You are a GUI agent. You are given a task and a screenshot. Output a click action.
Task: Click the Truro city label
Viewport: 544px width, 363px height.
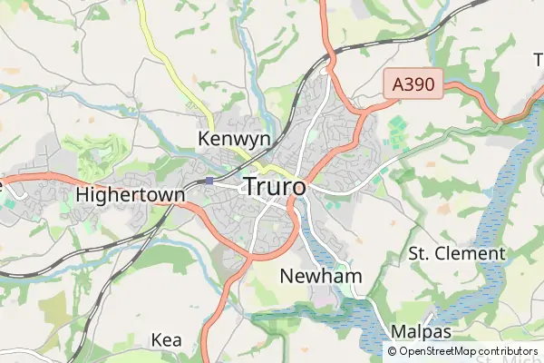click(x=275, y=186)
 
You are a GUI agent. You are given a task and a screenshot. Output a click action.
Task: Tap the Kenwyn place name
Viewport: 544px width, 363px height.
click(x=234, y=139)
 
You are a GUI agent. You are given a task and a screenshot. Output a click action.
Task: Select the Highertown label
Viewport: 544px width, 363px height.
click(x=131, y=194)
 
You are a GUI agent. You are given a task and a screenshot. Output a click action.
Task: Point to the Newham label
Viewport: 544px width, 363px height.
click(x=321, y=276)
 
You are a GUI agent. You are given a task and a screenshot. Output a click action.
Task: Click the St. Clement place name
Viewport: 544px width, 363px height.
click(x=456, y=253)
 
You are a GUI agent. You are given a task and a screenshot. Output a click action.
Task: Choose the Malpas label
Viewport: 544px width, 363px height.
click(x=422, y=331)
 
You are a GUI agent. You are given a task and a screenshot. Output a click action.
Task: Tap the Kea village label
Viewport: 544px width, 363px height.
click(x=167, y=340)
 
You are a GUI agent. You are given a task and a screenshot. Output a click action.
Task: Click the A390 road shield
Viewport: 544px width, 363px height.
click(x=413, y=86)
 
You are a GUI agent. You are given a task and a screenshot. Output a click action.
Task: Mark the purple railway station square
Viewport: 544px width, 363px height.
click(x=209, y=181)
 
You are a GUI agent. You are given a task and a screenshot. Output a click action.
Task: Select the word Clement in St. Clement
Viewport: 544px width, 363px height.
click(x=471, y=253)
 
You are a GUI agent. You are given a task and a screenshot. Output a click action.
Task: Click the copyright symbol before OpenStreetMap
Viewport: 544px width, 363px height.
click(x=393, y=351)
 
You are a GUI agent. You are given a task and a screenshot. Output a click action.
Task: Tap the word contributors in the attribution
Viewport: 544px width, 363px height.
click(x=509, y=351)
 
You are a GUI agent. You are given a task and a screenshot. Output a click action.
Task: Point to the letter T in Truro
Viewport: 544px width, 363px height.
click(x=250, y=186)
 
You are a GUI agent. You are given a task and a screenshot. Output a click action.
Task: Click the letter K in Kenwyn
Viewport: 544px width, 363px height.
click(x=203, y=139)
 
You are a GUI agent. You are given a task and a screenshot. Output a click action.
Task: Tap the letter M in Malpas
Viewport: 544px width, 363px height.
click(x=399, y=331)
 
